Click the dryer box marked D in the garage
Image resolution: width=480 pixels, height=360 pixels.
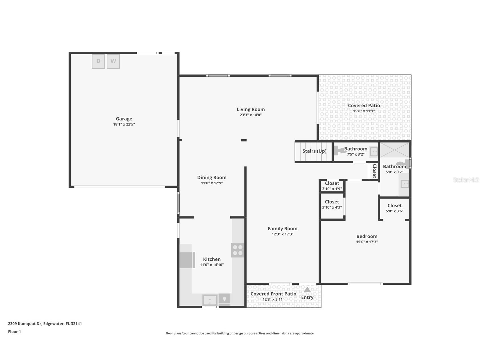[x=98, y=61]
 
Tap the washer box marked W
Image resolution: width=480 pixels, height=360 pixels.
[x=113, y=61]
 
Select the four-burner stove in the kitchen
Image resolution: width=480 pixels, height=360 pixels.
[x=238, y=250]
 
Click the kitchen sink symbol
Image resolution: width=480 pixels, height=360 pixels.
[x=210, y=300]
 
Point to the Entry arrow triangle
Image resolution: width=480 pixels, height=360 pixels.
[x=307, y=290]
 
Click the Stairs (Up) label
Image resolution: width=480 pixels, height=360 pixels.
[x=314, y=151]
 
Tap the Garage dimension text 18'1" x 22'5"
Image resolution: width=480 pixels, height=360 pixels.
[x=124, y=124]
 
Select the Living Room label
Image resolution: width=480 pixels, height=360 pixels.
[x=251, y=109]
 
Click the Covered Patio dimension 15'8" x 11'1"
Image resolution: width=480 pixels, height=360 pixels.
[x=364, y=111]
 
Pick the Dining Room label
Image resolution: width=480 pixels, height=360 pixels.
[x=212, y=177]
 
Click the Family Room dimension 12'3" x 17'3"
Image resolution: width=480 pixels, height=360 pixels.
[x=282, y=234]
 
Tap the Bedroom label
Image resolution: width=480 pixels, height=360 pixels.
[x=367, y=236]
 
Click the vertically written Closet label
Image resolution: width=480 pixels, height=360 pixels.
[x=374, y=171]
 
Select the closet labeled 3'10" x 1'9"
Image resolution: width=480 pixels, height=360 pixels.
[x=332, y=186]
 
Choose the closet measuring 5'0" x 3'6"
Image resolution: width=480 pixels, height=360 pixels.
[x=394, y=208]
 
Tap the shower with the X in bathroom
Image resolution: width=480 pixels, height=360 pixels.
[x=394, y=150]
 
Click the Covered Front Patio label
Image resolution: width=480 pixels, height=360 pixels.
[x=273, y=294]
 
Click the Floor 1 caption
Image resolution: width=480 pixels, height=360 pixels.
[x=14, y=332]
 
